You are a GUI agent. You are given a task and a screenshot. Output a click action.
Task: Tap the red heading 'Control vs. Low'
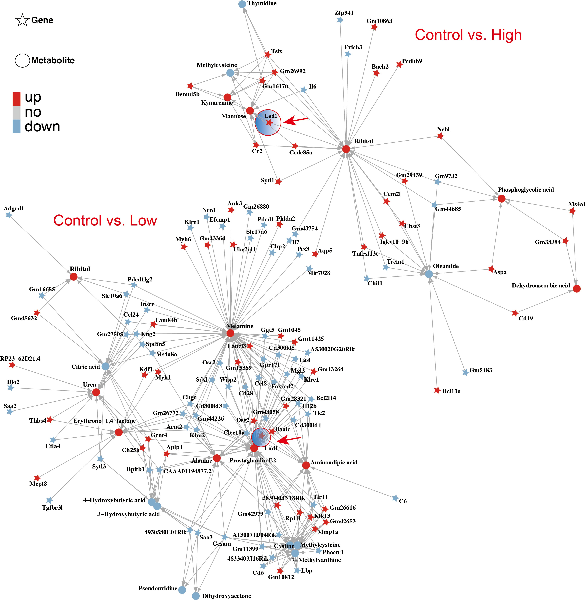[105, 220]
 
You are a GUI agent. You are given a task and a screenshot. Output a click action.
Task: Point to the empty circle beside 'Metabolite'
[22, 60]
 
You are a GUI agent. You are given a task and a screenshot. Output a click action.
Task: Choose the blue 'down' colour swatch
[17, 126]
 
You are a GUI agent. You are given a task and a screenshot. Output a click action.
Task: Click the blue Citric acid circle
[106, 366]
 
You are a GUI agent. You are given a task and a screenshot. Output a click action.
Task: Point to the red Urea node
[96, 392]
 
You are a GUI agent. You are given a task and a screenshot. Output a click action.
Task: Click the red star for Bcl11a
[437, 390]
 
